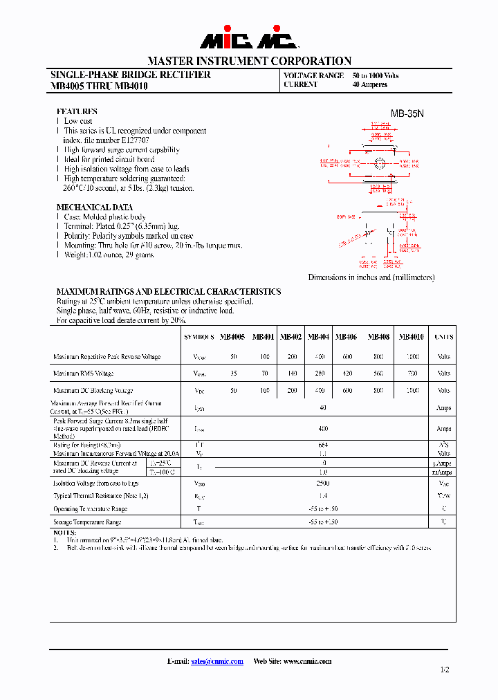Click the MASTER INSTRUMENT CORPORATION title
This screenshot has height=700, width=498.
(249, 61)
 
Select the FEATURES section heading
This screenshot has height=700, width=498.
(77, 111)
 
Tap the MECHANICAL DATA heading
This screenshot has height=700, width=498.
(94, 207)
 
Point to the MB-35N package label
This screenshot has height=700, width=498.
(407, 113)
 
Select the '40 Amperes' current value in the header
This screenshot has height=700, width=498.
(370, 85)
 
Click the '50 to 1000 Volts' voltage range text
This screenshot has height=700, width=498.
(376, 75)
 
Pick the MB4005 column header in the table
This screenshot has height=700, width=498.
(232, 337)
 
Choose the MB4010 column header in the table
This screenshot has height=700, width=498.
(412, 337)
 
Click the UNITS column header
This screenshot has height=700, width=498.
(443, 337)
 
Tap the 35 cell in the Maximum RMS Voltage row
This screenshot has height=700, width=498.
(234, 374)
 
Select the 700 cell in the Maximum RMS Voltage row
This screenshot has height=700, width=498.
(413, 374)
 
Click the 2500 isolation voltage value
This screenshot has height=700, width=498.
(322, 483)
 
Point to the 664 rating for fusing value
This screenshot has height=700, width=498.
(323, 445)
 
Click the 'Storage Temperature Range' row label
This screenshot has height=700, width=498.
(87, 522)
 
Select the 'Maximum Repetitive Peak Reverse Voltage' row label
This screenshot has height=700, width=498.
(107, 357)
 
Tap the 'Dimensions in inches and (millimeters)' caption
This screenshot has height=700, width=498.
(371, 277)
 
